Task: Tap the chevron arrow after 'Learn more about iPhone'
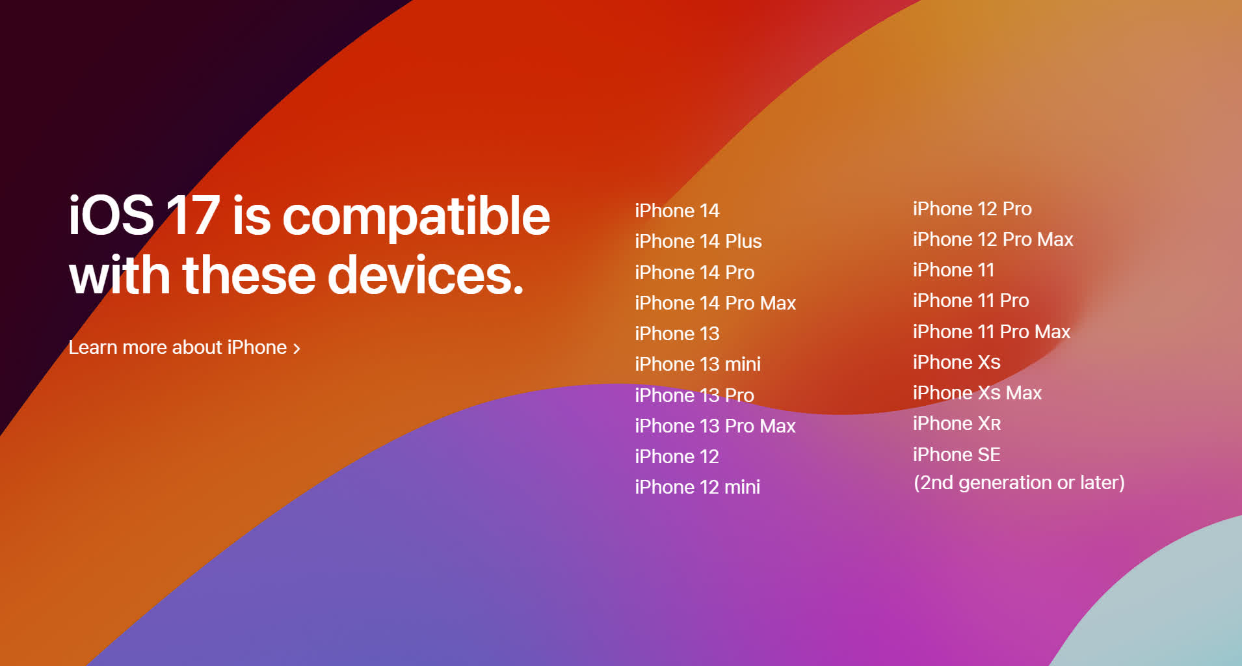click(x=297, y=349)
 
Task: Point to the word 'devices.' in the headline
click(x=425, y=275)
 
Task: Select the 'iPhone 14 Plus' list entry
click(x=698, y=241)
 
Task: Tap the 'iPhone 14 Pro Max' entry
click(x=715, y=303)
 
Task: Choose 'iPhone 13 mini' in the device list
click(x=698, y=364)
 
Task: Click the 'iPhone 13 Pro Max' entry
click(x=715, y=426)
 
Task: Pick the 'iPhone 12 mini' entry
click(x=698, y=487)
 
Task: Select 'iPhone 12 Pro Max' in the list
click(x=993, y=239)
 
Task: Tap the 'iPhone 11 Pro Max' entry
click(x=992, y=332)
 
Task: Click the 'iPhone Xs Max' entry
click(x=977, y=393)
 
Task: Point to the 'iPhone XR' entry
click(x=957, y=423)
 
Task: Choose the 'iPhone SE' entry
click(x=957, y=455)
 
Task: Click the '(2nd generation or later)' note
click(x=1019, y=483)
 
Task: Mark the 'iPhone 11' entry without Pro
click(x=953, y=270)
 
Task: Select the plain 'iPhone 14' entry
click(x=677, y=211)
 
